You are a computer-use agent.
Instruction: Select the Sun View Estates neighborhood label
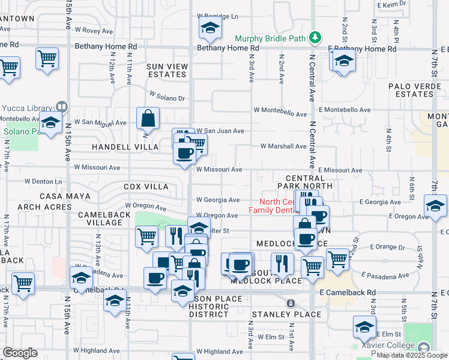pos(167,70)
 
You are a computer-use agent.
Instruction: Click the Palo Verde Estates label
pos(411,90)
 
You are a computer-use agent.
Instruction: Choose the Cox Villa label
pos(146,187)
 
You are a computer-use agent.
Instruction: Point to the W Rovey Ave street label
pos(90,31)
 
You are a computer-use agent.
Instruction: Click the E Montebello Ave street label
pos(345,110)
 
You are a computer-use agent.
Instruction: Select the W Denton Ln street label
pos(43,181)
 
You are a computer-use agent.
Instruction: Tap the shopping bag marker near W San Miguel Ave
pos(148,119)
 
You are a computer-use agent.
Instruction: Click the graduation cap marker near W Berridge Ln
pos(210,27)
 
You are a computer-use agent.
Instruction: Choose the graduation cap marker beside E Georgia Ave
pos(435,205)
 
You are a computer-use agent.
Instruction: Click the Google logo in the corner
pos(20,353)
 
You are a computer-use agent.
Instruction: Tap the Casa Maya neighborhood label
pos(65,196)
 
